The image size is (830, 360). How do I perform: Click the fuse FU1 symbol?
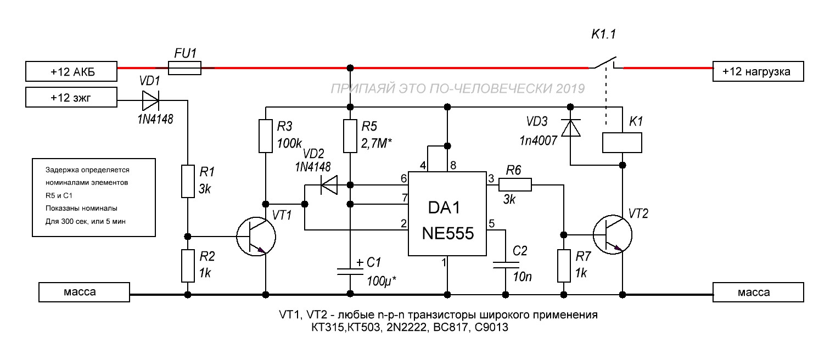(184, 68)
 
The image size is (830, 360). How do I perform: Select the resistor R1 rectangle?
(188, 182)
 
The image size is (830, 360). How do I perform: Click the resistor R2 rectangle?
(188, 266)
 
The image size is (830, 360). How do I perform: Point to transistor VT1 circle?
(256, 237)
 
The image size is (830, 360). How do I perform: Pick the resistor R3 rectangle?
(265, 136)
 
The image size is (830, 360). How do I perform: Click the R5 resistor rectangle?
(350, 136)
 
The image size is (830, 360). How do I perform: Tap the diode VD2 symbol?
(329, 185)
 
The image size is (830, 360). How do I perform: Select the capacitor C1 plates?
(350, 272)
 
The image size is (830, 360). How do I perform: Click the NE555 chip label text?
(448, 233)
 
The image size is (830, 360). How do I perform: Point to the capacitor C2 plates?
(506, 265)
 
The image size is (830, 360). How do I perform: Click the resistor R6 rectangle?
(515, 184)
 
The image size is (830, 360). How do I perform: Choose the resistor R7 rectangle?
(564, 266)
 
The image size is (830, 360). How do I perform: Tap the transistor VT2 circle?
(613, 235)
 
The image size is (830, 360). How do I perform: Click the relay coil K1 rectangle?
(622, 143)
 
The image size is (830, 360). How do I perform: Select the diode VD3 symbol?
(571, 128)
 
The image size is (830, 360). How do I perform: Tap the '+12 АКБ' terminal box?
(71, 71)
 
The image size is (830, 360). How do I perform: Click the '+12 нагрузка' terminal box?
(758, 71)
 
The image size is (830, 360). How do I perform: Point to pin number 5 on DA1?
(492, 223)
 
